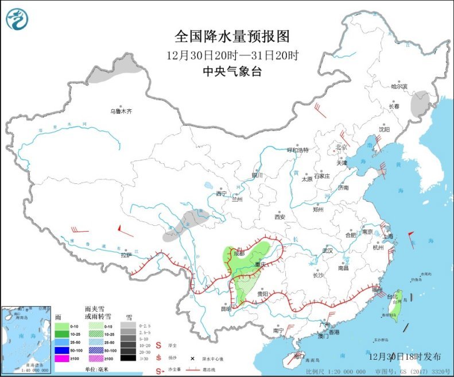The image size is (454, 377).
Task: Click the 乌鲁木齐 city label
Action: click(122, 111)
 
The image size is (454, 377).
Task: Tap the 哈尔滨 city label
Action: click(398, 87)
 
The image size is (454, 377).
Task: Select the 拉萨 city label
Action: click(126, 255)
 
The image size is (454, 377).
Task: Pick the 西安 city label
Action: click(280, 217)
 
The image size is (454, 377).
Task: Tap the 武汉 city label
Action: click(327, 251)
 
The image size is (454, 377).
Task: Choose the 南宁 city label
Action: click(278, 331)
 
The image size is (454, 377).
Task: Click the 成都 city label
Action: click(238, 253)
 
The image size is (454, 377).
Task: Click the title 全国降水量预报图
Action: click(232, 37)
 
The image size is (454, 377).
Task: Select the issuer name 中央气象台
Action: click(232, 71)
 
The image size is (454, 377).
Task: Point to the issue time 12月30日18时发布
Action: click(404, 356)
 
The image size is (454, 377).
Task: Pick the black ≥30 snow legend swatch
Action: click(129, 359)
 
